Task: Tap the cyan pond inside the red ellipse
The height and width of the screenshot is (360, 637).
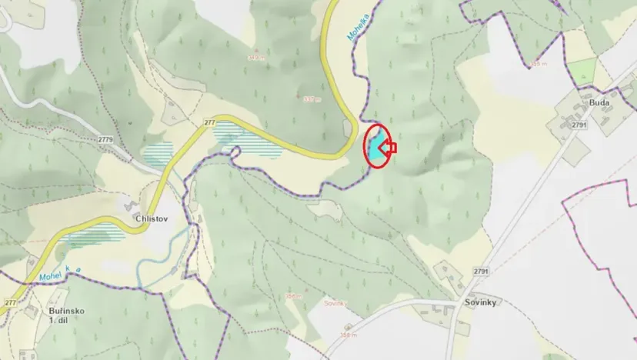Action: coord(375,148)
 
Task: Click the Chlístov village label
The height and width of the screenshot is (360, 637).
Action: coord(151,218)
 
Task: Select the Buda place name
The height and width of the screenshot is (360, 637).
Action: coord(599,101)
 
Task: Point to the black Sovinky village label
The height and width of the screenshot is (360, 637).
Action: coord(480,302)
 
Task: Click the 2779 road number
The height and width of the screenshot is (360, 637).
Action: coord(106,139)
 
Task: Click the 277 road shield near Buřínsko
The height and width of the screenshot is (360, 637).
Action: coord(10,303)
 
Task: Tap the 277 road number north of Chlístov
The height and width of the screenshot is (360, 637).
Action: coord(210,122)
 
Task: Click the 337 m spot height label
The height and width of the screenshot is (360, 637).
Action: coord(311,98)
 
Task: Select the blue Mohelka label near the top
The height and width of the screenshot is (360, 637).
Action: coord(359,25)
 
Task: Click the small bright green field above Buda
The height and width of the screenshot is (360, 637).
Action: coord(582,72)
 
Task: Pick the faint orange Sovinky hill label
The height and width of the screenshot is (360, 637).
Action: coord(334,304)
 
